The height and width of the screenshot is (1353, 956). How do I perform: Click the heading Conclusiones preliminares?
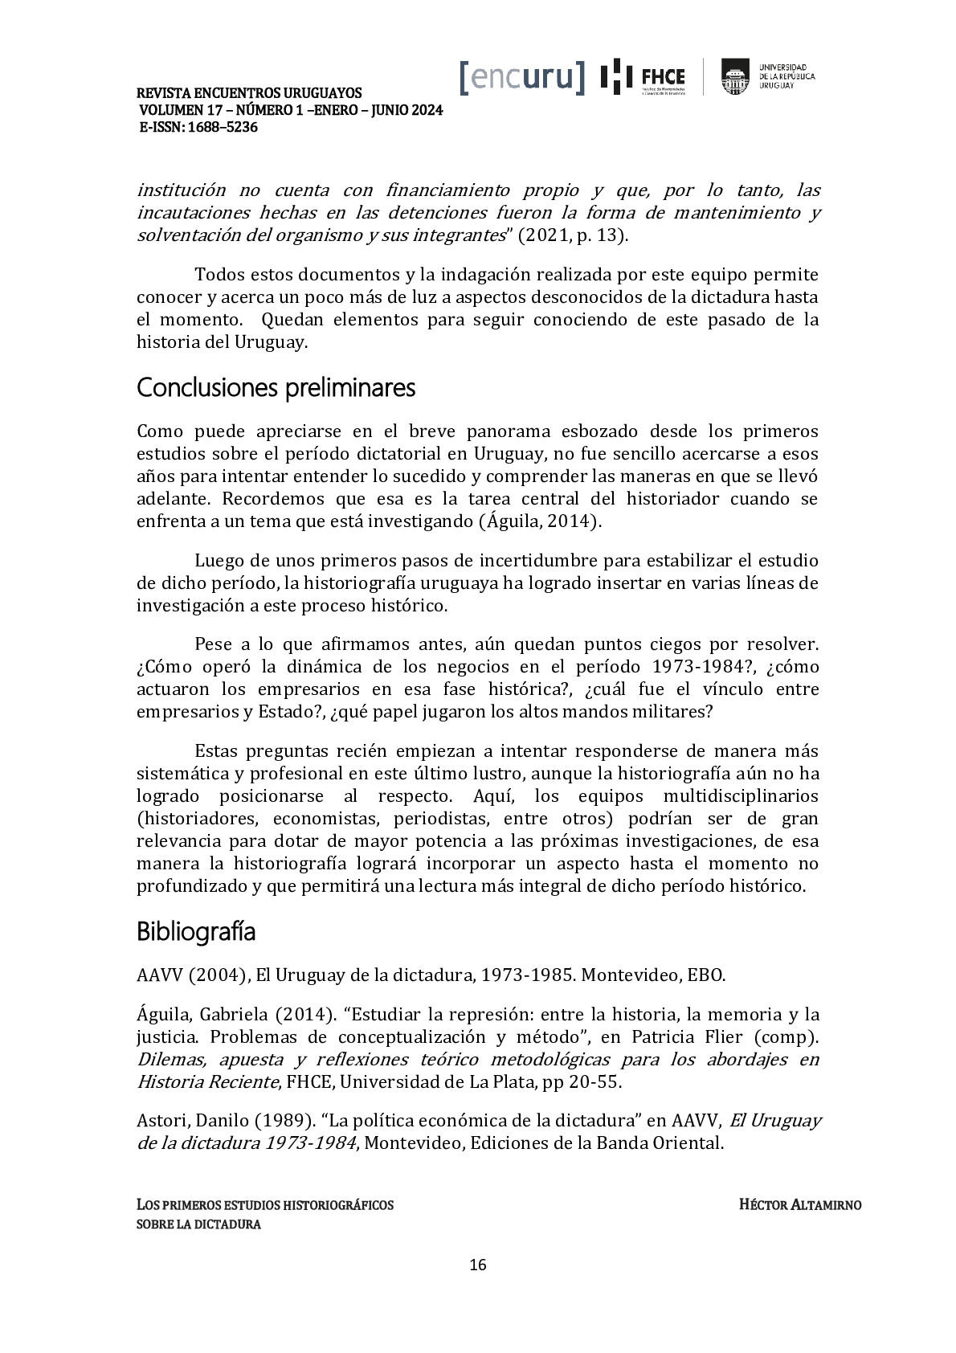[276, 388]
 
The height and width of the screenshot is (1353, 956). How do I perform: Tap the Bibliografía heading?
[196, 932]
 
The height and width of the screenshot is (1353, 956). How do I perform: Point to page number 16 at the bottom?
[477, 1265]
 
